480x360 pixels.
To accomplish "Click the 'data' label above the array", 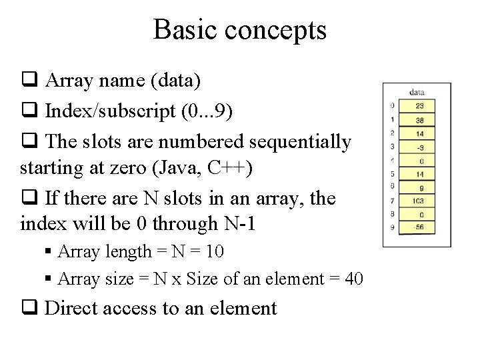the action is (x=417, y=93).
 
